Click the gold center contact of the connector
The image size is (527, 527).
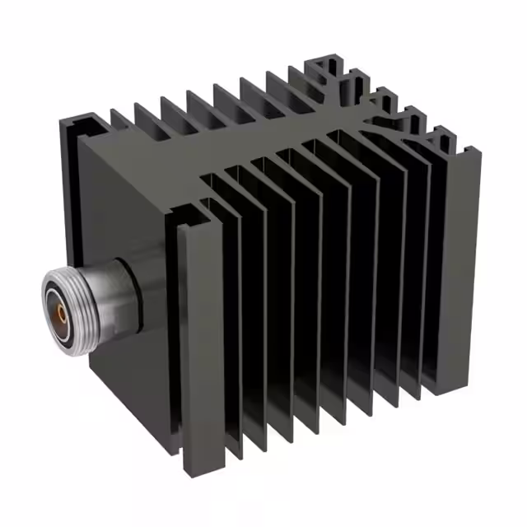click(60, 313)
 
